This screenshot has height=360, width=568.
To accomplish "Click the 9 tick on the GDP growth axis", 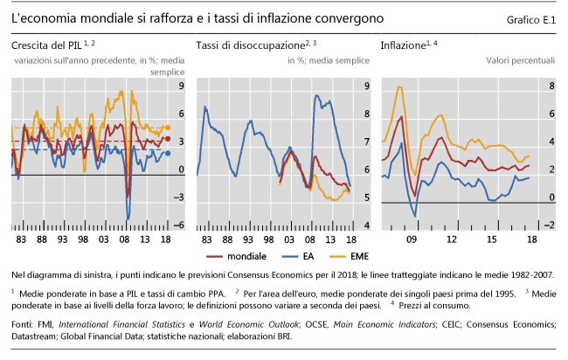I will [x=180, y=87].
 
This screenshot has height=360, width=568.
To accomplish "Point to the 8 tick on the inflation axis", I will [x=551, y=87].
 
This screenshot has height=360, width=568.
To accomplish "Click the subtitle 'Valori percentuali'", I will [x=520, y=60].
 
